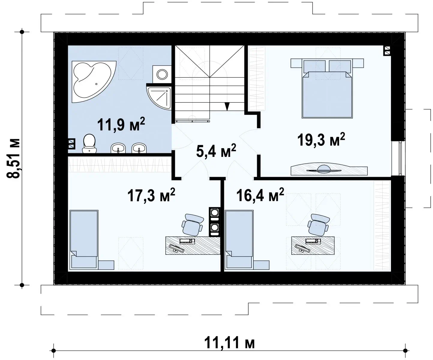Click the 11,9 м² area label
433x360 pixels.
click(121, 124)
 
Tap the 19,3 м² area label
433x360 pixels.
click(321, 139)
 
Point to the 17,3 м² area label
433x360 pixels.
click(151, 195)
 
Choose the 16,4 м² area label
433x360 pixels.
click(260, 195)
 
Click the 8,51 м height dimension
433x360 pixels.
click(13, 158)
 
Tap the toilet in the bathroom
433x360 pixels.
click(89, 143)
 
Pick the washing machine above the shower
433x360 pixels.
click(162, 74)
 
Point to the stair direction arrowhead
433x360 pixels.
click(227, 106)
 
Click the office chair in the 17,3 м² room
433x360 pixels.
click(192, 225)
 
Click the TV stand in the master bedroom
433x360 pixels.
click(329, 169)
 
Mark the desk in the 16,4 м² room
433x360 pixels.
click(313, 245)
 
